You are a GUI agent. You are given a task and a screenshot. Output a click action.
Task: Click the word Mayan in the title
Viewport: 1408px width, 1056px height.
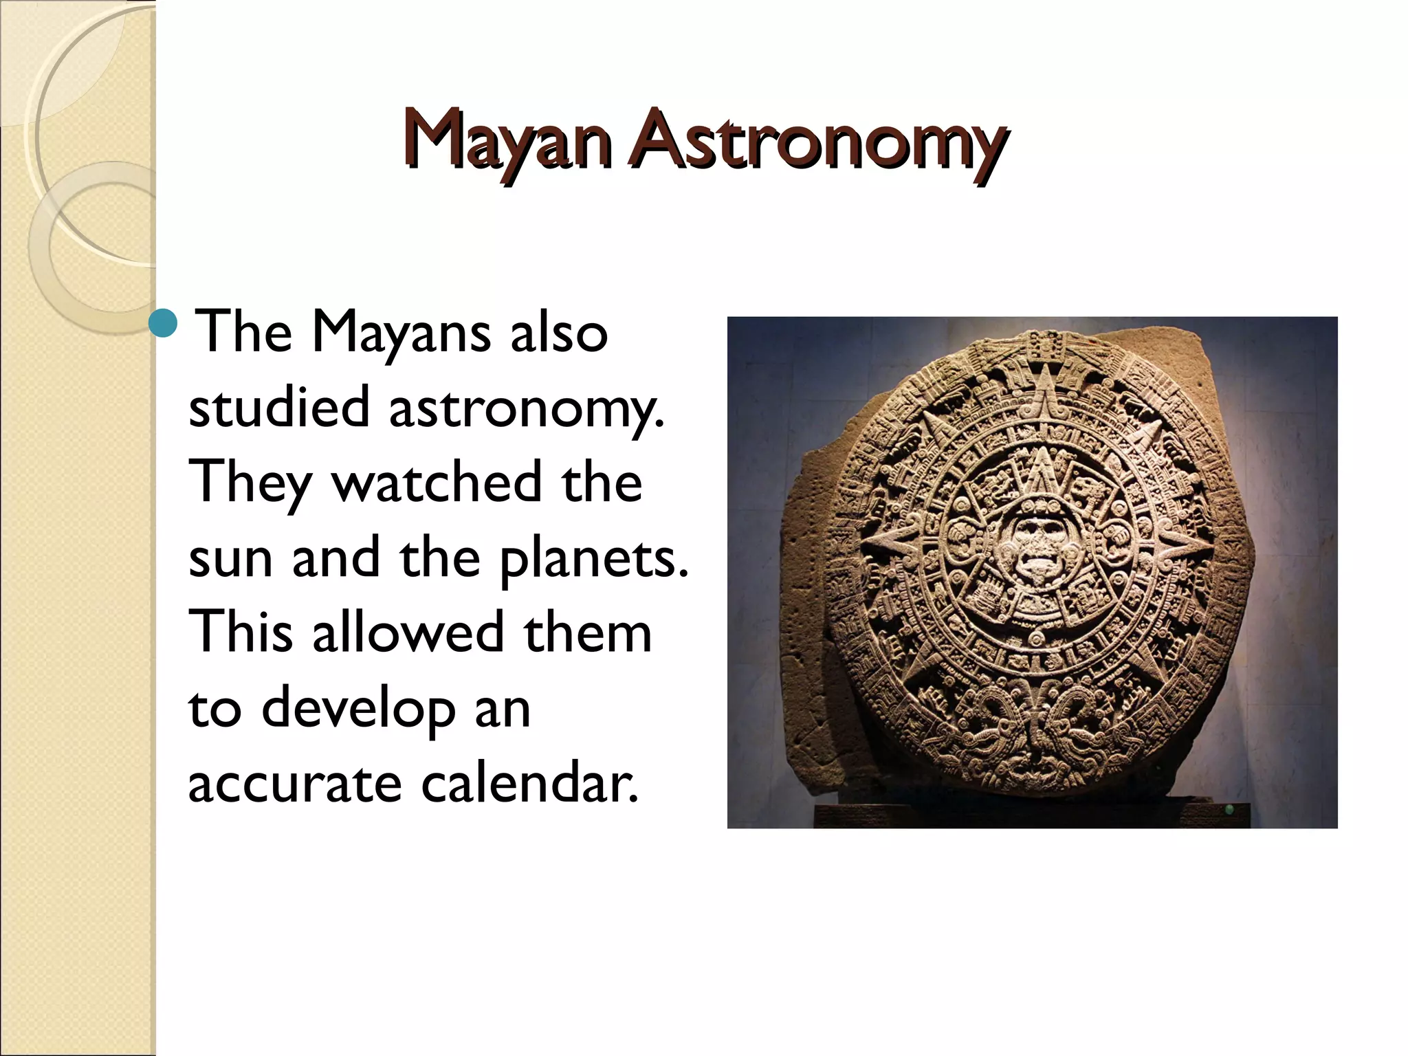[507, 141]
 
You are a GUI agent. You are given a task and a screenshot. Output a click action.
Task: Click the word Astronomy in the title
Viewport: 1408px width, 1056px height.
[818, 143]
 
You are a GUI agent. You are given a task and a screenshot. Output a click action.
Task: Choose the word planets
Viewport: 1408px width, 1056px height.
[593, 560]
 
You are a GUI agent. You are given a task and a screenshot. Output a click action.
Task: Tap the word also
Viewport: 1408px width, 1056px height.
[558, 333]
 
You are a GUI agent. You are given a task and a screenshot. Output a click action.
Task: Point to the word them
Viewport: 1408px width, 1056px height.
[588, 632]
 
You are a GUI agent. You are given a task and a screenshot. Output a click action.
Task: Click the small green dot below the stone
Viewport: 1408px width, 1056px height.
[1229, 810]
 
